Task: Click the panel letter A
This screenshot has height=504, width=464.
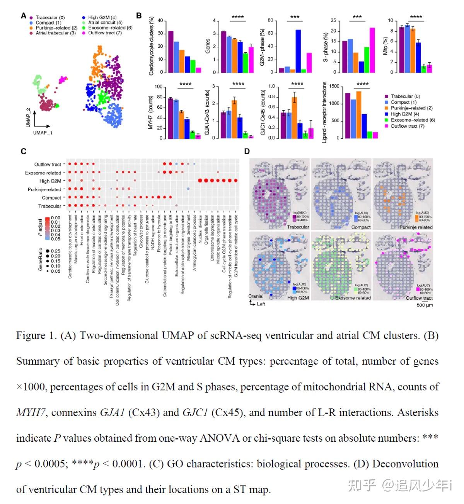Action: point(24,16)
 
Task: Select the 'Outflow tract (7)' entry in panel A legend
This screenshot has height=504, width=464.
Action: point(105,33)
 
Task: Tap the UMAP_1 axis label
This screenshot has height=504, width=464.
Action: point(43,133)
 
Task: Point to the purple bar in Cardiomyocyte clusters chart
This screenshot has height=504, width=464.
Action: point(171,51)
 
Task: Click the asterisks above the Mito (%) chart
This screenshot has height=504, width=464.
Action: point(416,17)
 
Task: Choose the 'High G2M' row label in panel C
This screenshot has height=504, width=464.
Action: point(50,181)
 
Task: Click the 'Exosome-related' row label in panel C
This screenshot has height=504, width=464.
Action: point(43,173)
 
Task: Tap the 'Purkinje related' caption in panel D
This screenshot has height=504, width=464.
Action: point(416,227)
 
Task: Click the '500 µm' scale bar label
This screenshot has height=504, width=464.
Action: point(425,305)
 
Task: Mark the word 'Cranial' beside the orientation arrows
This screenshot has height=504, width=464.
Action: point(256,296)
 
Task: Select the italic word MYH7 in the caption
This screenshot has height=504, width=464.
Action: point(31,412)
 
